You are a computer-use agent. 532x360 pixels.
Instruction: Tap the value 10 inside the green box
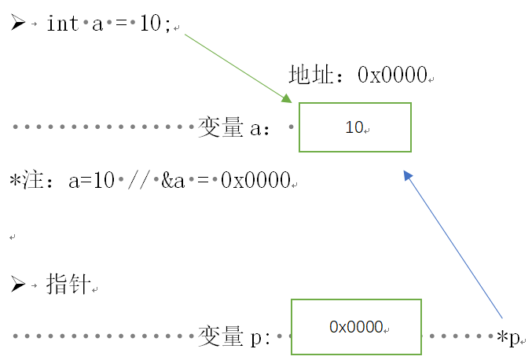click(354, 127)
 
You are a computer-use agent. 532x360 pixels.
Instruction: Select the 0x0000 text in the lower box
click(356, 326)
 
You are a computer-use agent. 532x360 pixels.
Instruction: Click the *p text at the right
click(509, 338)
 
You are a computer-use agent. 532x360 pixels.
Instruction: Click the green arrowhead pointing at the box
click(287, 99)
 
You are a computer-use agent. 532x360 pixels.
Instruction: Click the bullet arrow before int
click(18, 23)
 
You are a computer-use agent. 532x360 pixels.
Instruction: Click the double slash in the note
click(140, 181)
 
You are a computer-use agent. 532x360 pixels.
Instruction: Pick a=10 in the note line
click(91, 181)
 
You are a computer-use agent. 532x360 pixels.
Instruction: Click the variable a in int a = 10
click(98, 24)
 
